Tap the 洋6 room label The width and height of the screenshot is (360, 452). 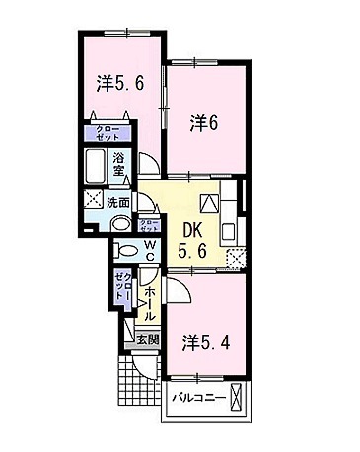click(x=204, y=123)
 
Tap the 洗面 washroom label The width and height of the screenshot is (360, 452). click(x=118, y=201)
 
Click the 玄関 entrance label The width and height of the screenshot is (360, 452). click(x=146, y=338)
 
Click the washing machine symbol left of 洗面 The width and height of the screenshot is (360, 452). click(x=95, y=201)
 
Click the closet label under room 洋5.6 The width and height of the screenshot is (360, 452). click(x=106, y=134)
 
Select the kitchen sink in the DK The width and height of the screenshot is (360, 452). click(x=228, y=233)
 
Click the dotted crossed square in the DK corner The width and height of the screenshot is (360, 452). click(x=236, y=259)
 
